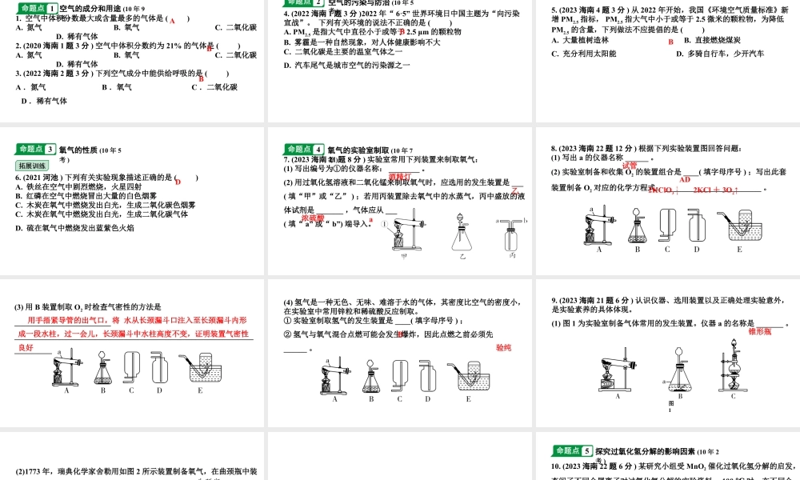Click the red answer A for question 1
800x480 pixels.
(x=171, y=20)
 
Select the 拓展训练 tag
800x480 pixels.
(x=32, y=166)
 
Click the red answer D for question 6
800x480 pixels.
(x=178, y=182)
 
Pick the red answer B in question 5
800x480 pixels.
(x=671, y=42)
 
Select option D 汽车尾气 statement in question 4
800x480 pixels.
(x=347, y=64)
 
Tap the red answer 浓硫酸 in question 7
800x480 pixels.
(x=313, y=217)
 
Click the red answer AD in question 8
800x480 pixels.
(x=685, y=180)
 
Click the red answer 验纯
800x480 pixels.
(x=503, y=348)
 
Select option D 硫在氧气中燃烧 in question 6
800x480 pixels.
(x=75, y=228)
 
